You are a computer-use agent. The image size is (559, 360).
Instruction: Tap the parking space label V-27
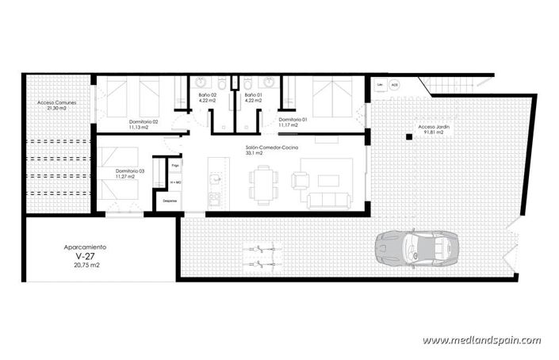pos(83,257)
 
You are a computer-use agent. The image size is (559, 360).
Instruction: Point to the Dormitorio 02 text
pos(144,121)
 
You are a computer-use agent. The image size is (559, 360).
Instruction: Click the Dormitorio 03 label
pos(130,171)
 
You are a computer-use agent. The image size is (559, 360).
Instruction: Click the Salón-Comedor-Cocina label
pos(270,147)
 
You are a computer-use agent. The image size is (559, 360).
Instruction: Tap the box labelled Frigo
pos(175,166)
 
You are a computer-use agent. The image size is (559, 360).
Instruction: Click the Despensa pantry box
pos(170,201)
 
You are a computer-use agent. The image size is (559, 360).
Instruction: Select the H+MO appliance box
pos(175,183)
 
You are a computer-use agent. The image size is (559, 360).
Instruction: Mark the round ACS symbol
pos(394,84)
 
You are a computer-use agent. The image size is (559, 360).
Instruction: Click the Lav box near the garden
pos(381,84)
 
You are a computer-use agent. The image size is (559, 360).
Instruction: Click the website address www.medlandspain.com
pos(481,340)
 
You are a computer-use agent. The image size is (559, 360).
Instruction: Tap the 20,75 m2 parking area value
pos(83,266)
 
